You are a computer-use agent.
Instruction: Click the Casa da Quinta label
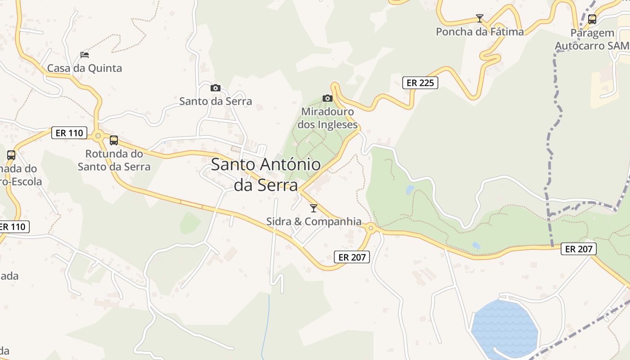click(85, 68)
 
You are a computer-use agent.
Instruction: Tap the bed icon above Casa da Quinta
click(85, 55)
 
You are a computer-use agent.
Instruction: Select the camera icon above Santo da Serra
click(216, 88)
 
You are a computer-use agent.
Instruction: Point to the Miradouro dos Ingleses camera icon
click(327, 98)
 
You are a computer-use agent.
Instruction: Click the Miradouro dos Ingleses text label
click(328, 118)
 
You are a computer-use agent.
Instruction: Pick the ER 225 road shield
click(420, 83)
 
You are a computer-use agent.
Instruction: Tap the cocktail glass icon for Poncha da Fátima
click(480, 18)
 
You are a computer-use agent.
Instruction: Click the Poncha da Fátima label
click(480, 32)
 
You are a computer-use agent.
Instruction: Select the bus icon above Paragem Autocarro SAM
click(592, 19)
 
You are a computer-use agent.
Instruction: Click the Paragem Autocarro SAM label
click(592, 40)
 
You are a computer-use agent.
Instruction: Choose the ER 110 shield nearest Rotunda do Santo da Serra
click(69, 133)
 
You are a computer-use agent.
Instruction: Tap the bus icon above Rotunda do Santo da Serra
click(114, 140)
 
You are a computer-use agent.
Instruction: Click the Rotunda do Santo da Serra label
click(114, 160)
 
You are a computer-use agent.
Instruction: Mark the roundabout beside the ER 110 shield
click(98, 135)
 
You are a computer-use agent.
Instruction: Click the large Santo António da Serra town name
click(266, 175)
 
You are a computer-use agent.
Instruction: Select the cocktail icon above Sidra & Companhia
click(314, 208)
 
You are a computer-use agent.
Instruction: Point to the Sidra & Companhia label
click(314, 221)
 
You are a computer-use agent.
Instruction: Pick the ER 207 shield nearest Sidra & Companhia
click(352, 257)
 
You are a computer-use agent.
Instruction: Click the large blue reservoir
click(505, 324)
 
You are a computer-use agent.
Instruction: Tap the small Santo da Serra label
click(216, 101)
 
